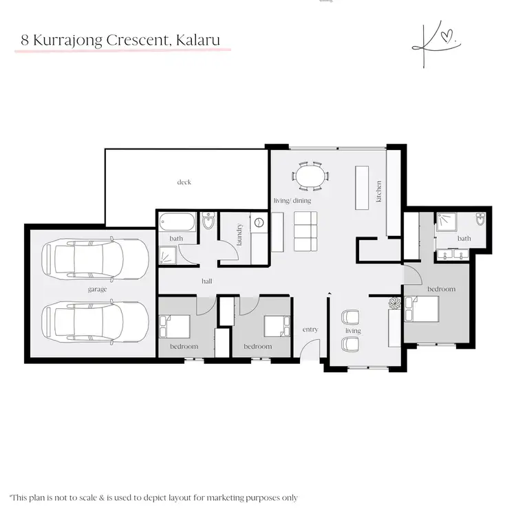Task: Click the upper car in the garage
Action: (96, 261)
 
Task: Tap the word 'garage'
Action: (98, 290)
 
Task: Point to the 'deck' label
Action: (184, 182)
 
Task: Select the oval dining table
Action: (309, 175)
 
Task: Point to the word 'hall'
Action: (207, 281)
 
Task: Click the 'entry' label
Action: (310, 330)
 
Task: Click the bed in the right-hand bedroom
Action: (421, 308)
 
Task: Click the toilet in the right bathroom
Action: (480, 221)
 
